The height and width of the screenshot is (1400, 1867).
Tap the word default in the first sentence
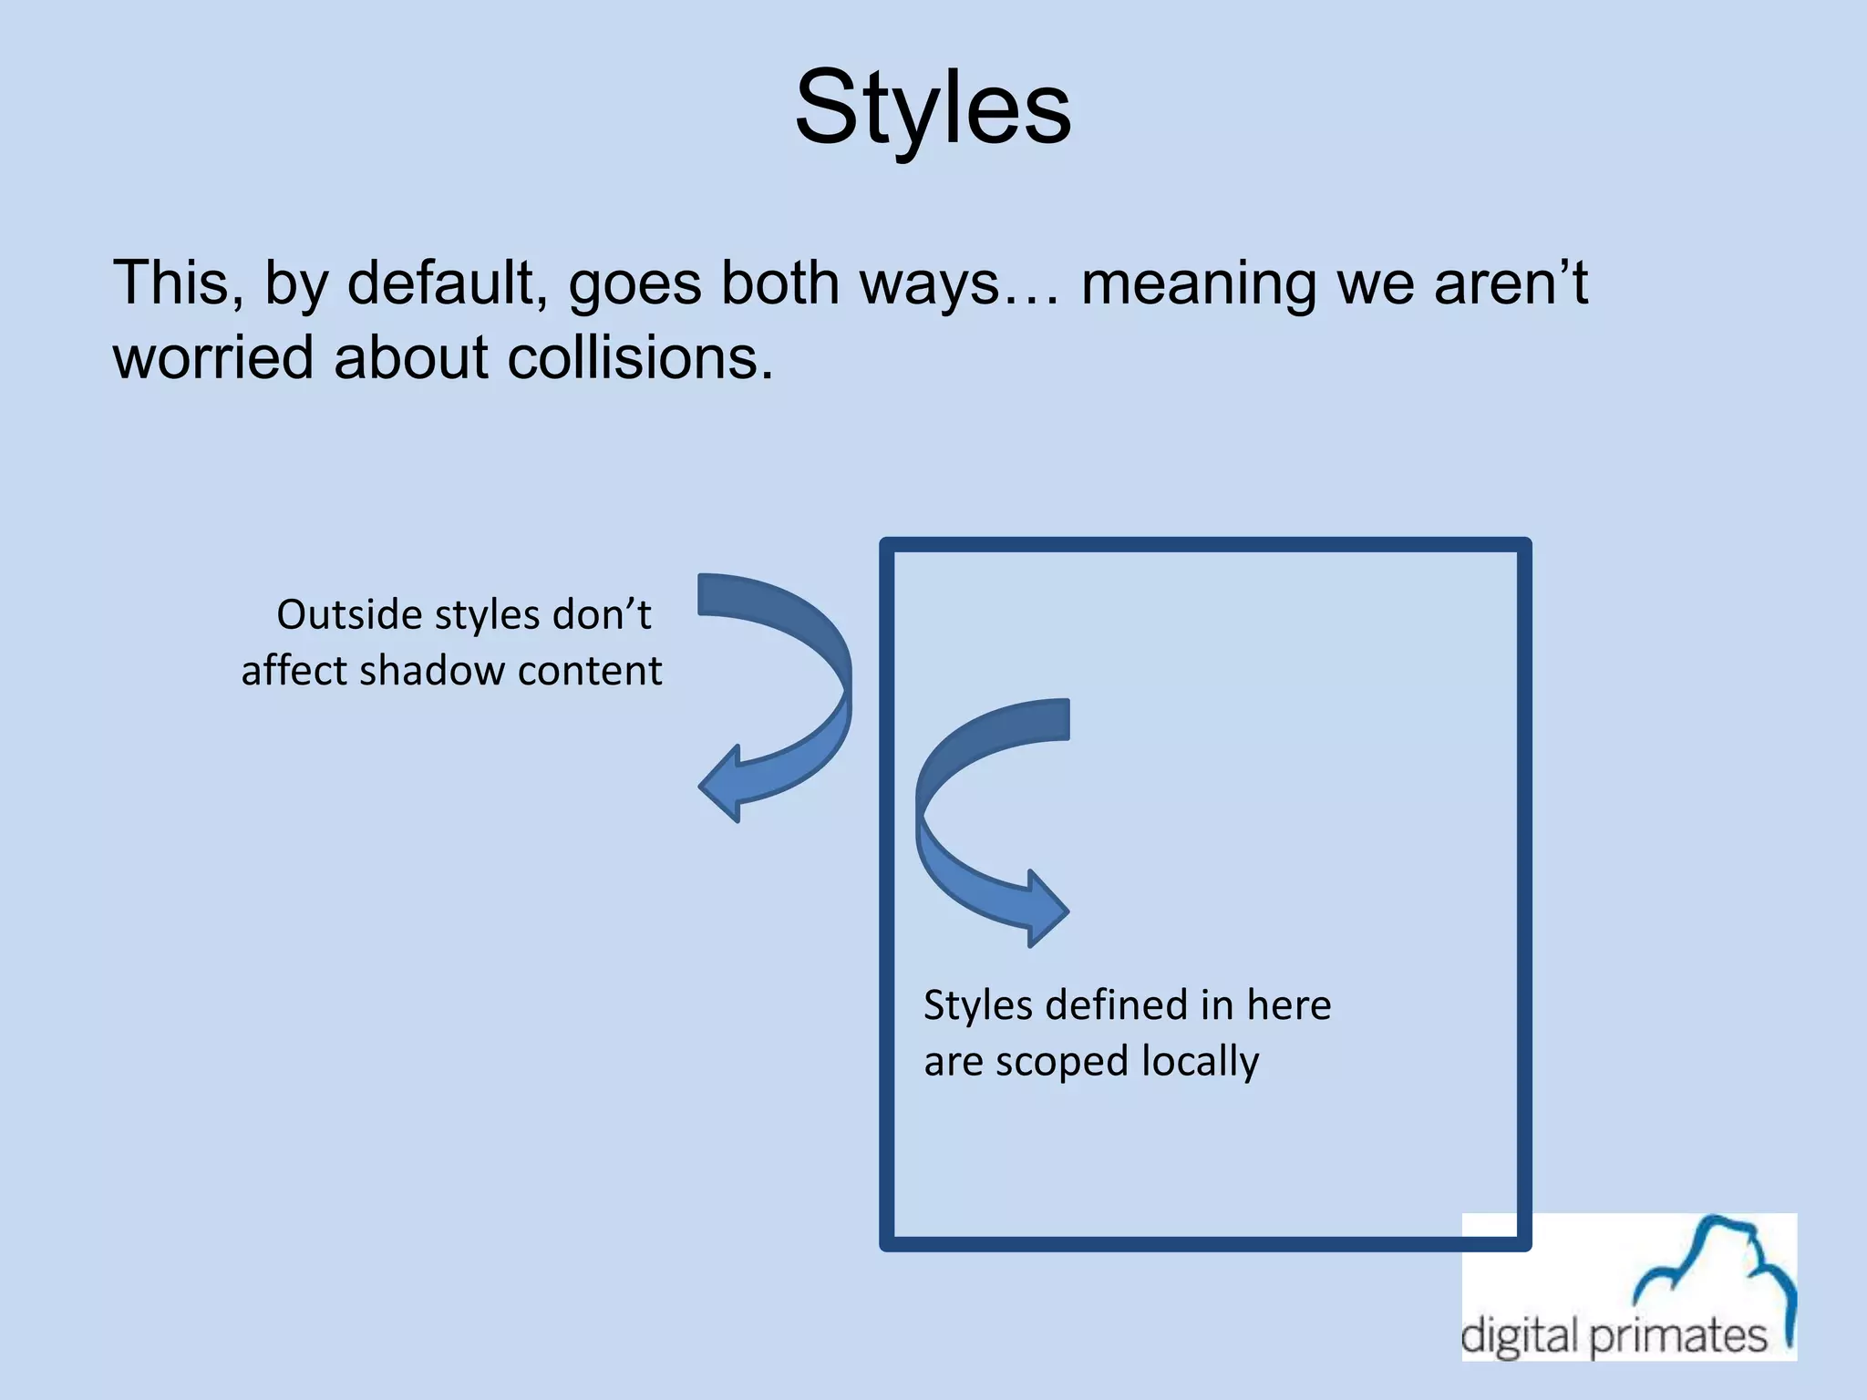tap(446, 283)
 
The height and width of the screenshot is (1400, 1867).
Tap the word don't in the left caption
tap(603, 614)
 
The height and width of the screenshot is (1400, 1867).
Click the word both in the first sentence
tap(779, 283)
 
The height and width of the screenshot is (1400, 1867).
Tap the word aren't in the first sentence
tap(1511, 283)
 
